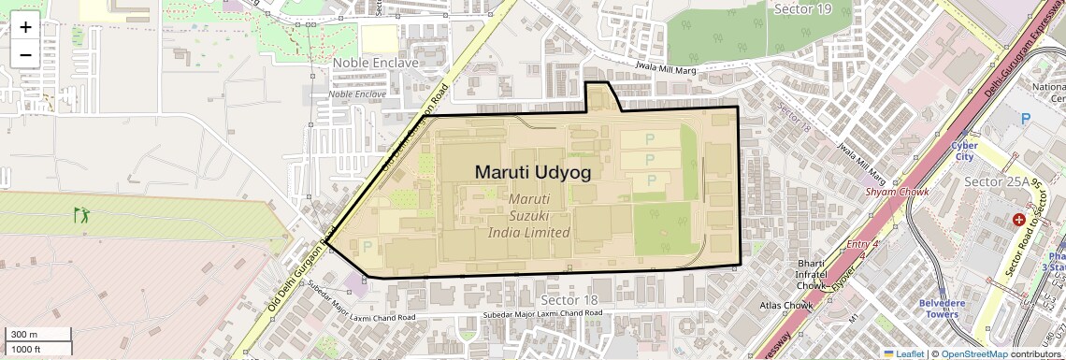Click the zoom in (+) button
pyautogui.click(x=25, y=26)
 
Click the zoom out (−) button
pyautogui.click(x=25, y=54)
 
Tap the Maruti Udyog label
pyautogui.click(x=532, y=172)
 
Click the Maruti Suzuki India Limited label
pyautogui.click(x=529, y=216)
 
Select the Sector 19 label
pyautogui.click(x=802, y=8)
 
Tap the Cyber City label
pyautogui.click(x=964, y=151)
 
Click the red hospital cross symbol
pyautogui.click(x=1018, y=219)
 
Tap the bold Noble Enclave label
pyautogui.click(x=376, y=62)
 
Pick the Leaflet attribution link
pyautogui.click(x=902, y=353)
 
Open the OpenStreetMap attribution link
pyautogui.click(x=973, y=353)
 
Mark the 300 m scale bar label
pyautogui.click(x=24, y=335)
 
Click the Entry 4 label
pyautogui.click(x=863, y=244)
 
